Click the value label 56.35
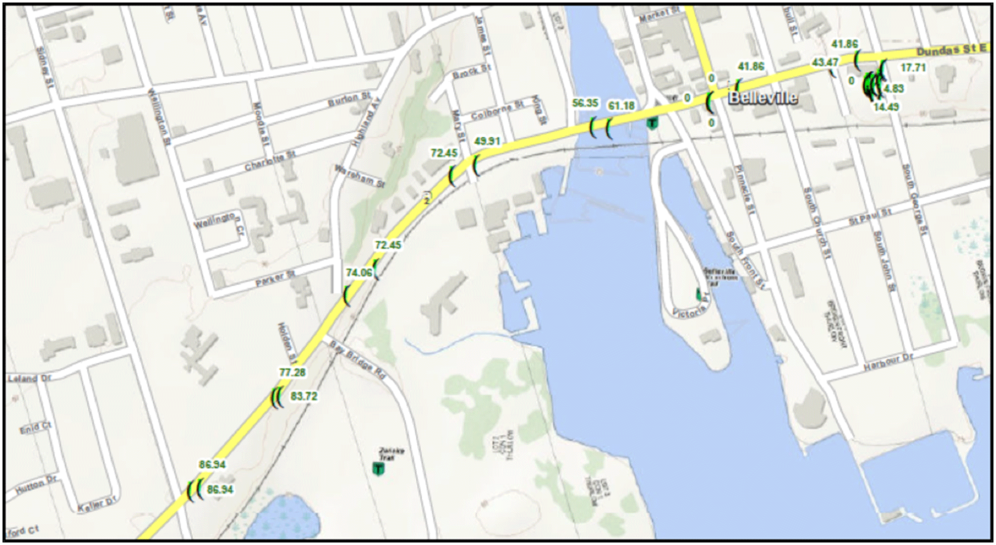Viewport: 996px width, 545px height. tap(585, 103)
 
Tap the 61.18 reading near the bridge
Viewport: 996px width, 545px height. tap(621, 106)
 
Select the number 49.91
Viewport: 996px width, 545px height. tap(487, 141)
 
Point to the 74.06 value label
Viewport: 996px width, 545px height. tap(359, 272)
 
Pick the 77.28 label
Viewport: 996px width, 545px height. tap(292, 372)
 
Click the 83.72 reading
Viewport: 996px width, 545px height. tap(304, 397)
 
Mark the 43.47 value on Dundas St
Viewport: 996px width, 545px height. tap(825, 63)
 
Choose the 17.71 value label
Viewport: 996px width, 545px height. tap(913, 68)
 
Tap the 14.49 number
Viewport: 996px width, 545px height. tap(886, 107)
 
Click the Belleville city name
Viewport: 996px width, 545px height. tap(763, 97)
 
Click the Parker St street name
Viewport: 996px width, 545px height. tap(275, 279)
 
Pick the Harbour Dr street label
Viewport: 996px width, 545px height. tap(888, 362)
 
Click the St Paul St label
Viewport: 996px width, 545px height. tap(870, 216)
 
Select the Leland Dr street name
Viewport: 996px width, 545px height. tap(30, 378)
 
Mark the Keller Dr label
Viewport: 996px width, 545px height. tap(97, 504)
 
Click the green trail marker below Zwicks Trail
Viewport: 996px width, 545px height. tap(378, 469)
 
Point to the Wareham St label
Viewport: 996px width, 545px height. tap(360, 175)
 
